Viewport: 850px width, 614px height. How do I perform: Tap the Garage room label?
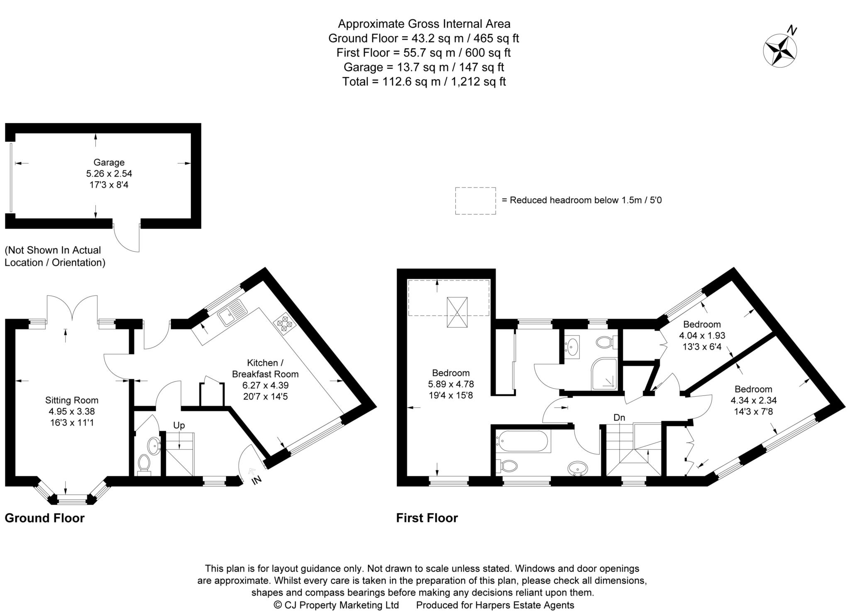109,163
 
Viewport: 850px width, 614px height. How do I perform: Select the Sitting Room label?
72,400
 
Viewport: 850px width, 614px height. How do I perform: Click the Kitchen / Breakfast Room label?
265,368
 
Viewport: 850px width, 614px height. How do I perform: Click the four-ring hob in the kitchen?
284,325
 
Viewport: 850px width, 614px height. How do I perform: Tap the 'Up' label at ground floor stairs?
179,425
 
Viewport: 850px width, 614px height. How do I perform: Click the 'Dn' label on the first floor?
619,418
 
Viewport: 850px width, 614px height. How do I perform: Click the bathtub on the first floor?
523,441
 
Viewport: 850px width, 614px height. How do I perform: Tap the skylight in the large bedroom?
457,312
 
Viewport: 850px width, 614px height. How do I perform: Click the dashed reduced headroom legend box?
475,201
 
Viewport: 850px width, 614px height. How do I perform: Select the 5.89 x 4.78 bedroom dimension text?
451,384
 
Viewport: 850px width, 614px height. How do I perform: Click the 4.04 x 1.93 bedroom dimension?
702,335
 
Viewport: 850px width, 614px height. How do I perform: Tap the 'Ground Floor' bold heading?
44,518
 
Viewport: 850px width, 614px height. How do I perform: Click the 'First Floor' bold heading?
427,518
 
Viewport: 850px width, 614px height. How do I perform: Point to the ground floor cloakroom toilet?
144,462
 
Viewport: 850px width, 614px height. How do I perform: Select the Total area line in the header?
424,82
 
